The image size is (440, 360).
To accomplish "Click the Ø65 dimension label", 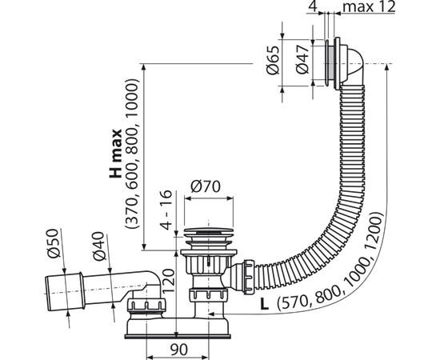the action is pyautogui.click(x=274, y=60).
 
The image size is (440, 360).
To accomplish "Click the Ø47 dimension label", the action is pyautogui.click(x=302, y=60).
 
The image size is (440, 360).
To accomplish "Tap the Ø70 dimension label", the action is pyautogui.click(x=206, y=186).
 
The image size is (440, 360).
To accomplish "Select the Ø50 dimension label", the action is pyautogui.click(x=54, y=243).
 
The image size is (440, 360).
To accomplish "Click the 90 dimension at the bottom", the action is pyautogui.click(x=178, y=350).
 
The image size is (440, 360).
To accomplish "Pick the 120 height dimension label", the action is pyautogui.click(x=168, y=281).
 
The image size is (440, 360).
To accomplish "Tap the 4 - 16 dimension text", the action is pyautogui.click(x=166, y=210).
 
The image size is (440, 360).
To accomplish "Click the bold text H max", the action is pyautogui.click(x=116, y=154).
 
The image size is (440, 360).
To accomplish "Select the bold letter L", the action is pyautogui.click(x=264, y=304).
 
